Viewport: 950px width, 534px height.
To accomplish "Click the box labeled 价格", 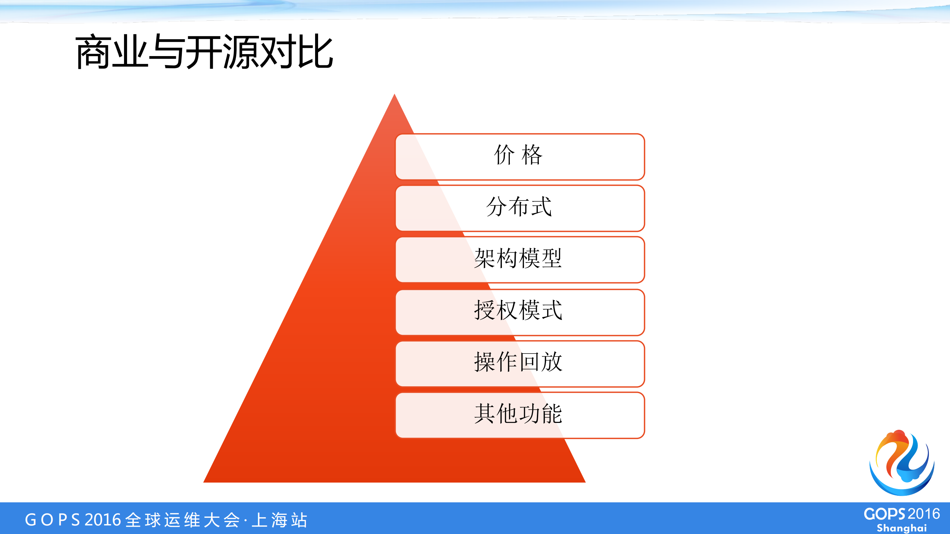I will pyautogui.click(x=520, y=157).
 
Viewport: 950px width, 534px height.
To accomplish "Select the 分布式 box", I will pyautogui.click(x=520, y=208).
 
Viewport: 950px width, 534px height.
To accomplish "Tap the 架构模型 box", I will pyautogui.click(x=520, y=260).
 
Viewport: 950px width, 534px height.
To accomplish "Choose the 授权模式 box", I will pyautogui.click(x=520, y=312).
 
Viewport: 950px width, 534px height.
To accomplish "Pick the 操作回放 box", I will pyautogui.click(x=520, y=364).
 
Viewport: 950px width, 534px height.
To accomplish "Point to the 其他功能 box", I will pyautogui.click(x=520, y=415).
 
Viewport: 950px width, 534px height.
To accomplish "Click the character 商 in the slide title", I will pyautogui.click(x=93, y=52).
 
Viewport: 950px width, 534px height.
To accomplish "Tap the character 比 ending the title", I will pyautogui.click(x=316, y=52).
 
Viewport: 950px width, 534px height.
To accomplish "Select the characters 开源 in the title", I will pyautogui.click(x=223, y=52).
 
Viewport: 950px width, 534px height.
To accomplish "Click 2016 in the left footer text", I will pyautogui.click(x=103, y=519).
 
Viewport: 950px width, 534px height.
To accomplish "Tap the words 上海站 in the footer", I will pyautogui.click(x=279, y=519).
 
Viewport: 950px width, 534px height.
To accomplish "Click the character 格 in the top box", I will pyautogui.click(x=532, y=155).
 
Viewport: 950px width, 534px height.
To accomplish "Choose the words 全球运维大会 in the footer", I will pyautogui.click(x=182, y=519).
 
